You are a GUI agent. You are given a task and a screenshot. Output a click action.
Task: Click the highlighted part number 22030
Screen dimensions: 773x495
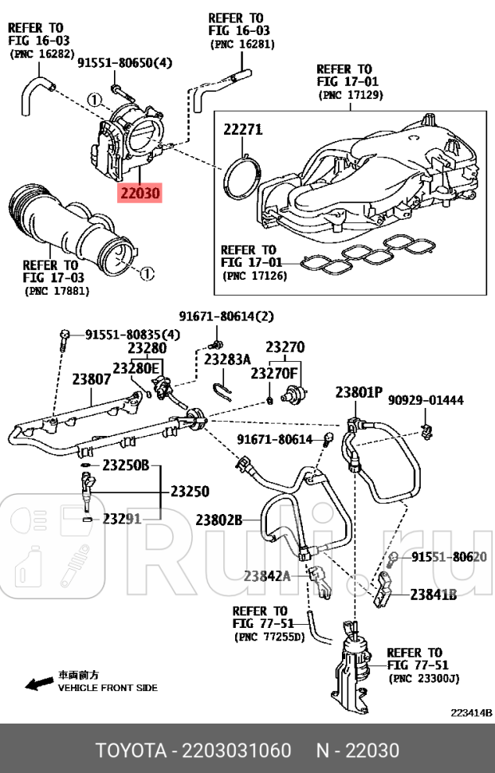139,193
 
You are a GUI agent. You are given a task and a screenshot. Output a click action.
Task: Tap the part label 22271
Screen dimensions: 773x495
242,130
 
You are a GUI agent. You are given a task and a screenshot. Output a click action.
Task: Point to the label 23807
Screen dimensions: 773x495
92,380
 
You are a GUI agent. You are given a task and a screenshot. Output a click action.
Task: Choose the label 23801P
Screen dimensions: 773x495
358,392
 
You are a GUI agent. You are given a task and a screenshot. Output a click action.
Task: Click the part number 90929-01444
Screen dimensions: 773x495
426,400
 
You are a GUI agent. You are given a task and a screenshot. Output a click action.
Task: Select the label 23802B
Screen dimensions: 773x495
218,520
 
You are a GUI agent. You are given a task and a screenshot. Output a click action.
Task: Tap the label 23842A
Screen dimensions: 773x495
268,575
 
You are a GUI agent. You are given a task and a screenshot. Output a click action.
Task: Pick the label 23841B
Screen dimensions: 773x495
434,594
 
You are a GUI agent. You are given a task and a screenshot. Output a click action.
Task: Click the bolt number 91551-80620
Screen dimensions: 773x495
448,556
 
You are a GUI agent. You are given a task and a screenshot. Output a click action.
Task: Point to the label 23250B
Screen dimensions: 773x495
126,465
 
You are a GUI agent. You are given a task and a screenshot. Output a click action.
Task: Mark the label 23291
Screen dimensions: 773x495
122,519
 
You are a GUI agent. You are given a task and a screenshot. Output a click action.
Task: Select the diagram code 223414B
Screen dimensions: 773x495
472,712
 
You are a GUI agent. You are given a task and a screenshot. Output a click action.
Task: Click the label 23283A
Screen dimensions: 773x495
227,359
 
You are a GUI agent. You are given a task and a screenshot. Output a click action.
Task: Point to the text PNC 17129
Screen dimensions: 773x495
351,95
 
